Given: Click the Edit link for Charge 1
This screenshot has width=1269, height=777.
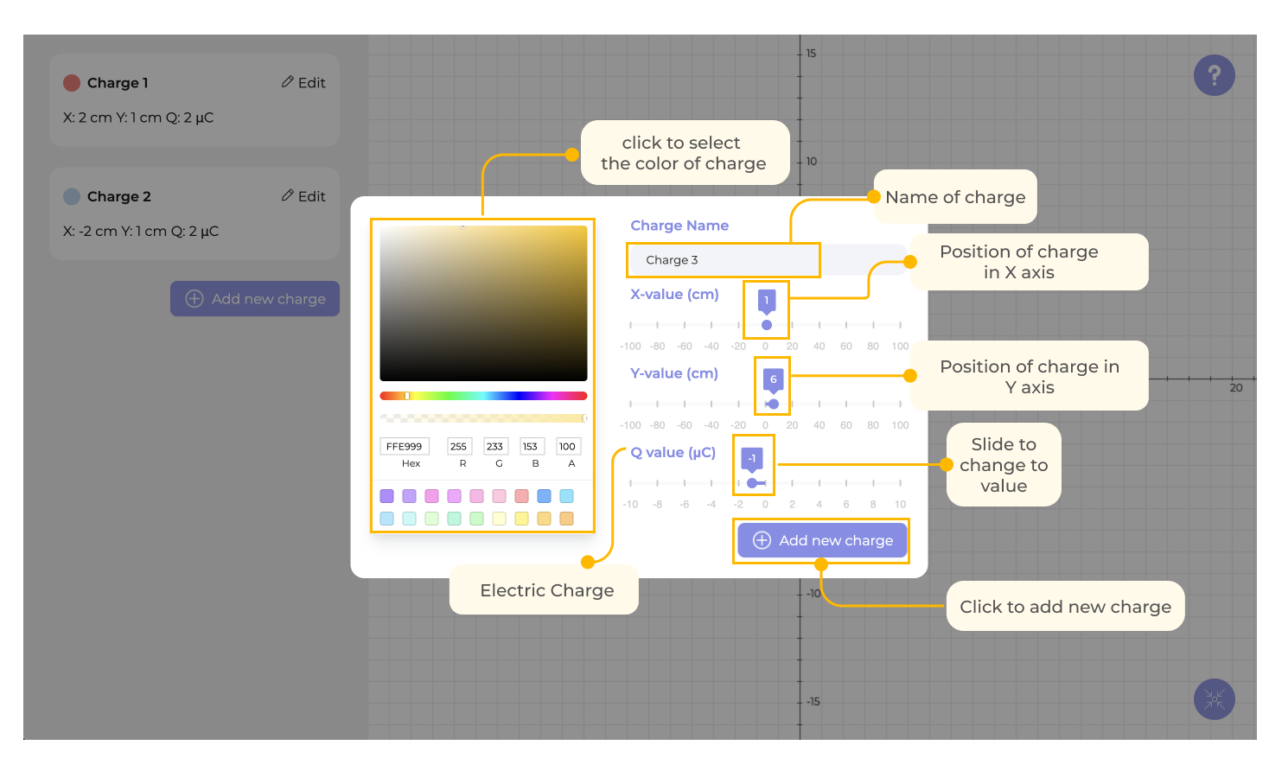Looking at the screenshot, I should click(x=303, y=83).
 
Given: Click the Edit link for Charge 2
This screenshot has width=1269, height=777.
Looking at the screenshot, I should click(x=303, y=197).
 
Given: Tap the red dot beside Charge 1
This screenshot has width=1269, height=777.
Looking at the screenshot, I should click(x=72, y=83).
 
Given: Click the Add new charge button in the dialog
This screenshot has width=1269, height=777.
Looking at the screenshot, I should click(x=822, y=540).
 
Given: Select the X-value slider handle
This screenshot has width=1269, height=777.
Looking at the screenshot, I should click(x=767, y=325).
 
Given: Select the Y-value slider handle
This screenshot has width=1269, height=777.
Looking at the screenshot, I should click(x=774, y=404).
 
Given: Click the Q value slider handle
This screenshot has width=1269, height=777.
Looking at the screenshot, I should click(x=752, y=483).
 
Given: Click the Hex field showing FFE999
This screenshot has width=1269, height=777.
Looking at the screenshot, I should click(x=405, y=447).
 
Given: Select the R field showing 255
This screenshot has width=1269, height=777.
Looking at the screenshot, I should click(x=459, y=447).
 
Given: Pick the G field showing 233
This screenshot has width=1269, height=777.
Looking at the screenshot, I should click(x=495, y=447).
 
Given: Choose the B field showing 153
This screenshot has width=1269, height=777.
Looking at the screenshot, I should click(x=531, y=447).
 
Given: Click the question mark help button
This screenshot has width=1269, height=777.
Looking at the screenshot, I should click(x=1215, y=75).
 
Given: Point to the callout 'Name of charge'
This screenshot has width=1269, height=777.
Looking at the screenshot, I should click(x=955, y=197).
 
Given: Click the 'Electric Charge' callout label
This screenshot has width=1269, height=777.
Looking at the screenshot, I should click(x=546, y=590).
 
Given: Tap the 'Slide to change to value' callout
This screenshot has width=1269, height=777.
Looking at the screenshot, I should click(x=1004, y=465).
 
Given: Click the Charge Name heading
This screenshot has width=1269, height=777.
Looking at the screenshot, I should click(x=679, y=226).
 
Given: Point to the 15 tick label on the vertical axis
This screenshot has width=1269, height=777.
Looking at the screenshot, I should click(x=811, y=54).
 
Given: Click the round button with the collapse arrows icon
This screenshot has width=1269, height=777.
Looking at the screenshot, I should click(x=1215, y=699).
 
